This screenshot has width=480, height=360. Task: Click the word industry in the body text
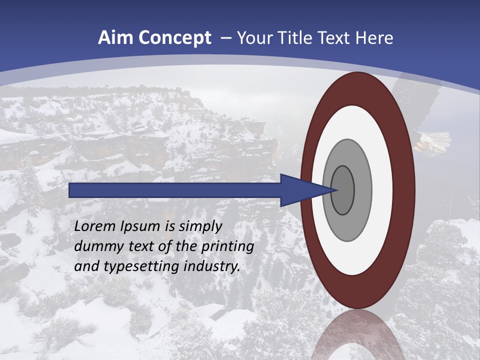213,266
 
